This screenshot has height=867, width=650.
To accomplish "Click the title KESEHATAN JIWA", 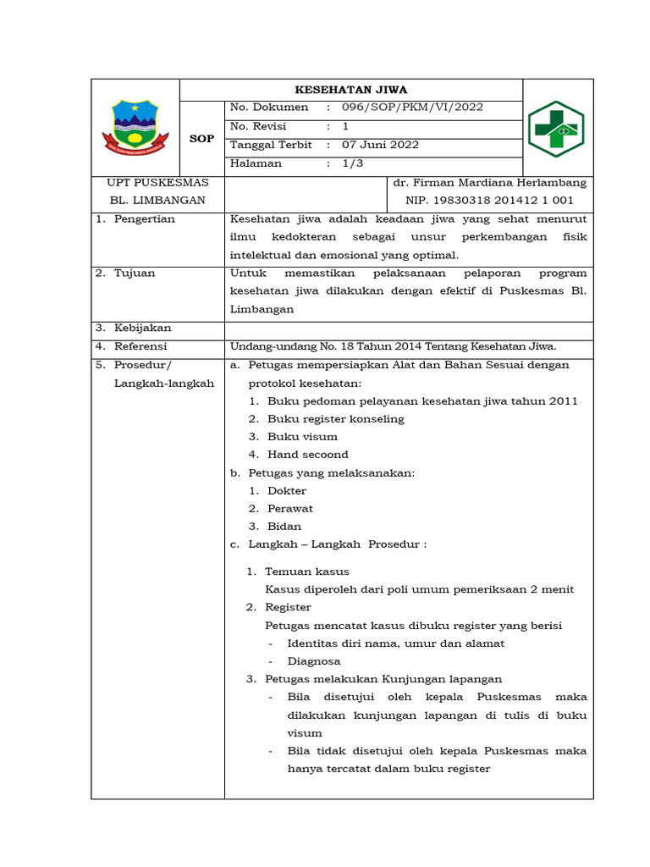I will click(350, 89).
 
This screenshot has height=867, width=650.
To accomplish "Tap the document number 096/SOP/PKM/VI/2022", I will click(412, 108).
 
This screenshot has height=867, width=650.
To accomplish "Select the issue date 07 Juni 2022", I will click(380, 145).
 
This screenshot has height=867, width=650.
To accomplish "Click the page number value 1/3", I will click(352, 163).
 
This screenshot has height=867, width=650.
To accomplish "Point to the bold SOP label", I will click(201, 138).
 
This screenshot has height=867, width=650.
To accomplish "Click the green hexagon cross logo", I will click(556, 129).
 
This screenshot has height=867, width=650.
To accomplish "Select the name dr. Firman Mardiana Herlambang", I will click(490, 183).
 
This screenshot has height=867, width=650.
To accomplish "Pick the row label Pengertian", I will click(144, 219).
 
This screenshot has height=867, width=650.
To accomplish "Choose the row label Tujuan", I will click(135, 273).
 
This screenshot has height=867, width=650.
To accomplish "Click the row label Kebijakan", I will click(142, 328).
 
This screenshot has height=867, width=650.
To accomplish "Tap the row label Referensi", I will click(140, 346).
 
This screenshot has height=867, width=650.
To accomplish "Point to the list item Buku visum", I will click(302, 437).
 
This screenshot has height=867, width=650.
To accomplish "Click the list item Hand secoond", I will click(308, 455).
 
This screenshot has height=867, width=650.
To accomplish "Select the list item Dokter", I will click(287, 491).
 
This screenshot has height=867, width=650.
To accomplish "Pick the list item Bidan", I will click(284, 527).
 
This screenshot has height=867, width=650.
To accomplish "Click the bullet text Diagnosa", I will click(314, 661).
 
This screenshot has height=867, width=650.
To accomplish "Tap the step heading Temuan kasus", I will click(307, 572).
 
